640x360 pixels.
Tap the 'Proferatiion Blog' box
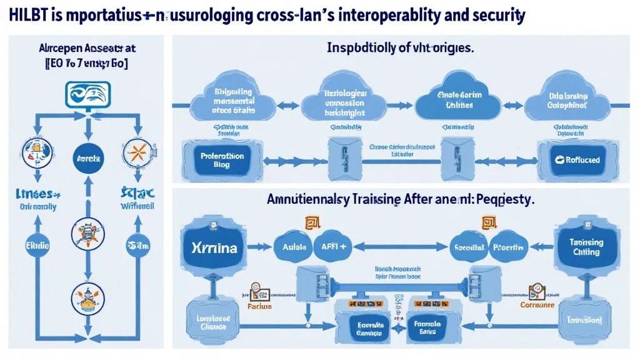point(217,159)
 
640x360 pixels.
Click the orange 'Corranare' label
point(537,306)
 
